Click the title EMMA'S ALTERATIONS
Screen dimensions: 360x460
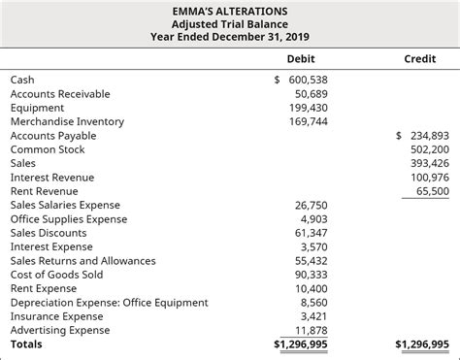pos(229,10)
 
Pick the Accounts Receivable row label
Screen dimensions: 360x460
pos(60,94)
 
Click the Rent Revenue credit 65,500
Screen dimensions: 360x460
pos(432,191)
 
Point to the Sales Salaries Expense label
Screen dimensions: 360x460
pos(65,205)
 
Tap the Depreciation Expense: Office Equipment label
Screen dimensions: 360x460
pos(109,303)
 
